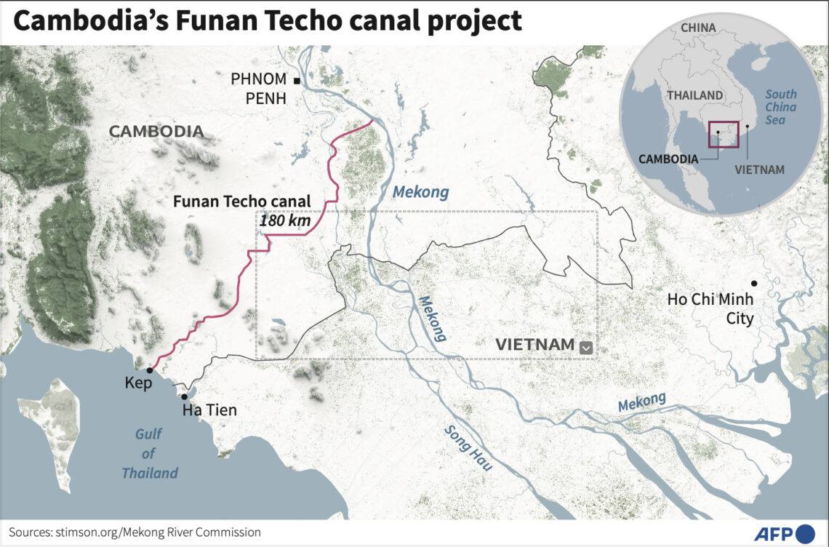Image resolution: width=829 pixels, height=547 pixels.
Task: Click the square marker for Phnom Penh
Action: pyautogui.click(x=297, y=79)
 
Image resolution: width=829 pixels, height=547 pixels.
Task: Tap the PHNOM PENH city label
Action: pyautogui.click(x=258, y=89)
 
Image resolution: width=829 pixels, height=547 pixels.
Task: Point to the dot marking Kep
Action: pyautogui.click(x=149, y=370)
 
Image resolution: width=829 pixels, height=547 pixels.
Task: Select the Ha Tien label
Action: pyautogui.click(x=209, y=411)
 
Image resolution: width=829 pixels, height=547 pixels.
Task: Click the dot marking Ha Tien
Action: pyautogui.click(x=185, y=396)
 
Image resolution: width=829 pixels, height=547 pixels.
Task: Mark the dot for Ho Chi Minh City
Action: pyautogui.click(x=754, y=283)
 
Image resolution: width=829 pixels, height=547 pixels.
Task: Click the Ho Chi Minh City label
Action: pyautogui.click(x=710, y=309)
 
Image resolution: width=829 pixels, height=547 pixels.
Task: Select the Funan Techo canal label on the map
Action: pyautogui.click(x=241, y=201)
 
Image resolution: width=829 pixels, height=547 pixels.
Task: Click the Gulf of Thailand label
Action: pyautogui.click(x=150, y=454)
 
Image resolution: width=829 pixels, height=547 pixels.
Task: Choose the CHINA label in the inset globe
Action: pyautogui.click(x=698, y=28)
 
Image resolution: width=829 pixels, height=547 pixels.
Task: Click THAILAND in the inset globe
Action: pyautogui.click(x=695, y=95)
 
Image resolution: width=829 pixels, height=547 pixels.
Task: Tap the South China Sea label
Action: pyautogui.click(x=780, y=107)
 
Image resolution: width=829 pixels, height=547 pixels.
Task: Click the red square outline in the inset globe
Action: pyautogui.click(x=724, y=135)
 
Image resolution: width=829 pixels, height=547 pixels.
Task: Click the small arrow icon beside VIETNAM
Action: pyautogui.click(x=586, y=348)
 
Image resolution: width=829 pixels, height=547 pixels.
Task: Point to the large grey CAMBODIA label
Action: pyautogui.click(x=156, y=132)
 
